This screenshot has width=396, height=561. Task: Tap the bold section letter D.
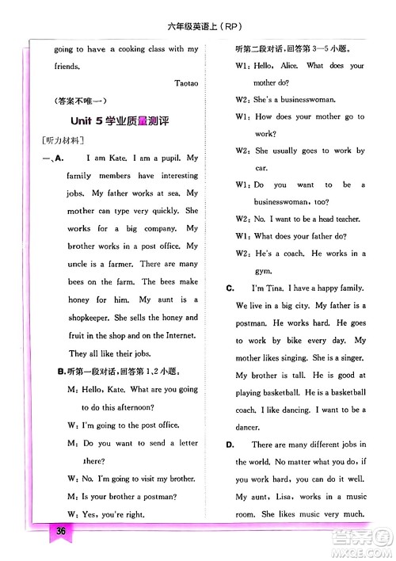228,445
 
